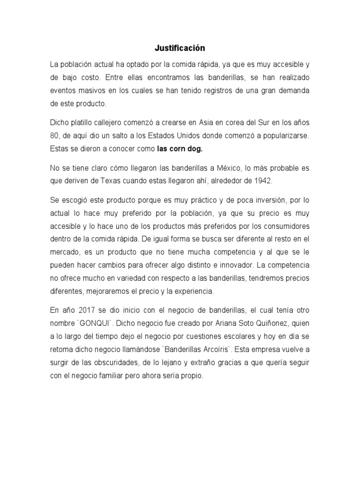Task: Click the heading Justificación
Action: coord(180,48)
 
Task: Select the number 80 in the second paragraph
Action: coord(54,136)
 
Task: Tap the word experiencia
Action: coord(192,291)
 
